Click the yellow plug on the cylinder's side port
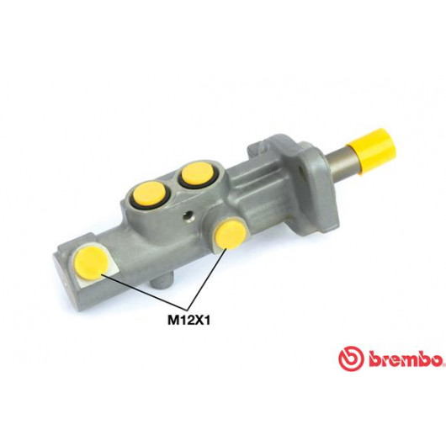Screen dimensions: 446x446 pyautogui.click(x=231, y=234)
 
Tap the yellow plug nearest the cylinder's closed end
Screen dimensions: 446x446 pyautogui.click(x=90, y=263)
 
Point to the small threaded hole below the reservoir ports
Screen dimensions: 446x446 pyautogui.click(x=188, y=216)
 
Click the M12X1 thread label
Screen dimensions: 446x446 pyautogui.click(x=188, y=321)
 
